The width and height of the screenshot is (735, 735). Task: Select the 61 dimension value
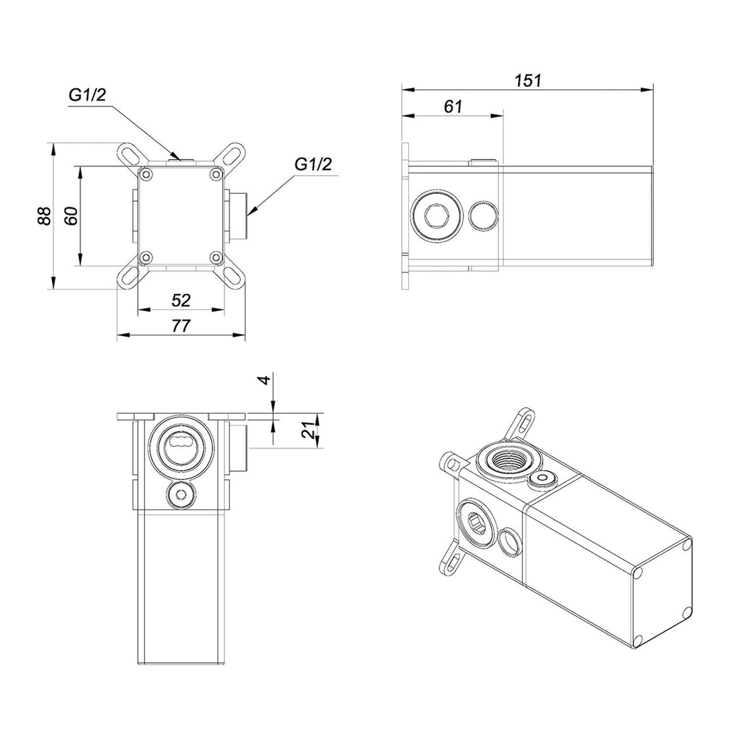point(452,107)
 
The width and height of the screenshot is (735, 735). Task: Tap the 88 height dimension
point(44,216)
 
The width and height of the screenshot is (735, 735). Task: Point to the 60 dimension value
point(70,216)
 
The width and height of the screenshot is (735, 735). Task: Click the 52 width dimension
point(181,300)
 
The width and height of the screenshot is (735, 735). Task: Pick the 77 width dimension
point(181,325)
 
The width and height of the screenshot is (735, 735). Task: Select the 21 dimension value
point(309,430)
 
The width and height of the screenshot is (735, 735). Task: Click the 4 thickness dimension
point(265,380)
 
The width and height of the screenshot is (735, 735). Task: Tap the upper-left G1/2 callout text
point(87,96)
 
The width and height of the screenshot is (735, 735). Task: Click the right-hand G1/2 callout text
point(313,165)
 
